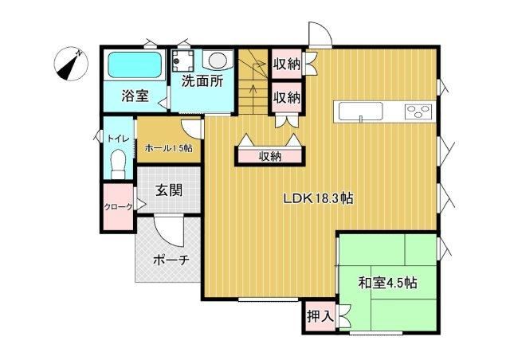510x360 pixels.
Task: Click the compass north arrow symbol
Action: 71,64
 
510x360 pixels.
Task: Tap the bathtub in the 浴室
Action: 135,65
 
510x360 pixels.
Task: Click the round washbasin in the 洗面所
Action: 218,61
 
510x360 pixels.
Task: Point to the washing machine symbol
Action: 183,61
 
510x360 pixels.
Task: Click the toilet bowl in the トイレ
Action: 118,164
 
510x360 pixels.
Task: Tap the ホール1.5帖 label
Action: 168,149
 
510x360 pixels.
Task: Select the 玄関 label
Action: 168,190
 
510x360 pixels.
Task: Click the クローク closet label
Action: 119,206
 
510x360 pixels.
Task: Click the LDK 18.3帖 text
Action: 319,198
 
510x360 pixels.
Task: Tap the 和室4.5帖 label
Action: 388,283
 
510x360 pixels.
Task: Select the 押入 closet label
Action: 320,315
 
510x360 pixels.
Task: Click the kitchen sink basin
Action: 360,112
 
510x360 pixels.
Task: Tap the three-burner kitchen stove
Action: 418,112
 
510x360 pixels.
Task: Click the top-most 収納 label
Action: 286,64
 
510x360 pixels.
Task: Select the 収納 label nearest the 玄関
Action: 270,157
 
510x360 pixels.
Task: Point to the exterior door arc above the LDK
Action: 320,33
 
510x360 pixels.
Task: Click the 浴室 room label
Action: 135,96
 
